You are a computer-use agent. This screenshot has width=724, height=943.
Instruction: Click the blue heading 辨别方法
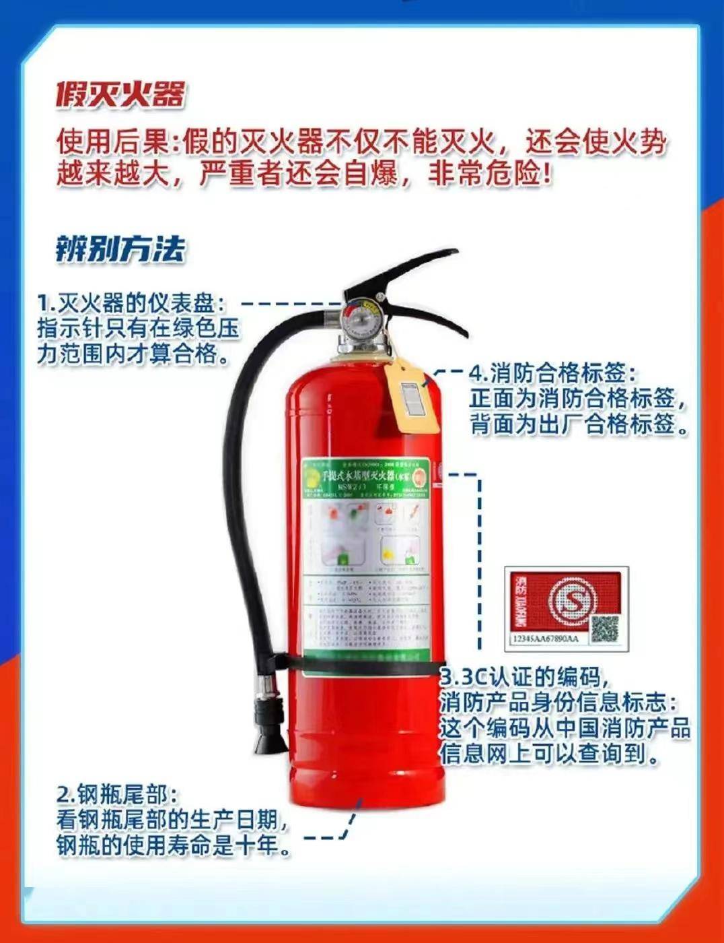pos(120,249)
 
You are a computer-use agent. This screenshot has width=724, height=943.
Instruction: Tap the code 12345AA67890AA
pos(545,638)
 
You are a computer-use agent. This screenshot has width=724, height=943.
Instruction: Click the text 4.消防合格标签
pos(552,372)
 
